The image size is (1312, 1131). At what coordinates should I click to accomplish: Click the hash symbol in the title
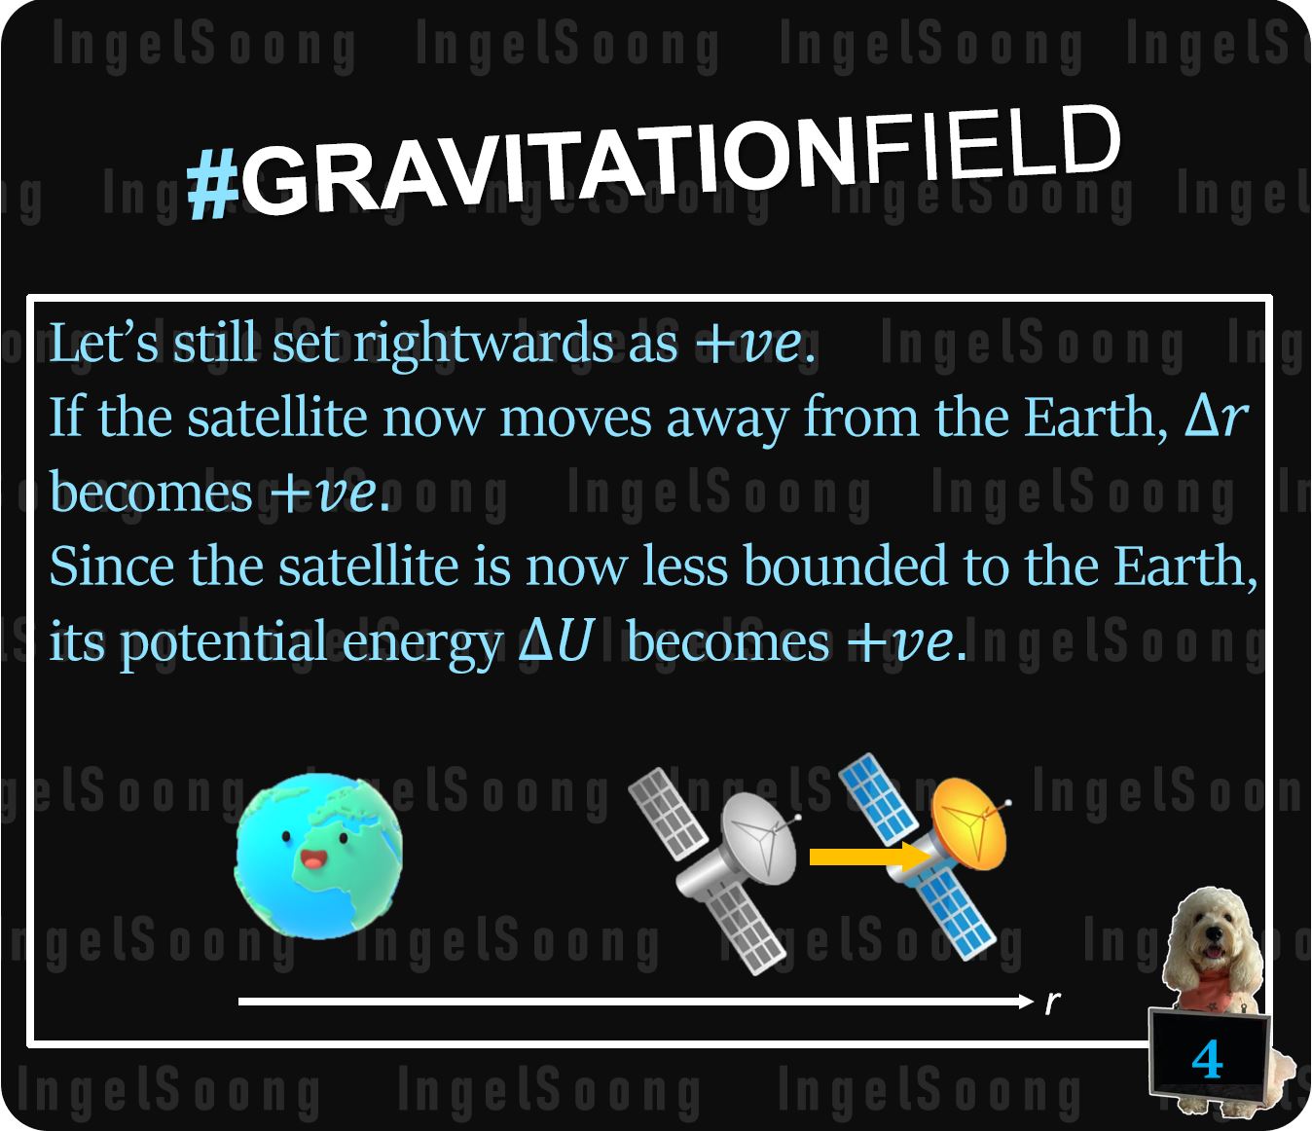pos(214,185)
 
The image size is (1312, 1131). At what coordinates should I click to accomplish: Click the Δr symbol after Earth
pos(1215,419)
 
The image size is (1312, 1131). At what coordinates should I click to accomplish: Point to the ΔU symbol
pos(556,641)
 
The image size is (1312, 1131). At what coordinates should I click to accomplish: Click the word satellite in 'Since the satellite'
pos(368,566)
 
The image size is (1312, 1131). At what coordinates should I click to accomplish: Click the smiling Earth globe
pos(318,856)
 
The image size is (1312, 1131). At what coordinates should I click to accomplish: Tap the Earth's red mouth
pos(312,860)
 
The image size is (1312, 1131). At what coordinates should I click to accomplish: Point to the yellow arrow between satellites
pos(869,857)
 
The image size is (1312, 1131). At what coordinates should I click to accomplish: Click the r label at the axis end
pos(1052,1003)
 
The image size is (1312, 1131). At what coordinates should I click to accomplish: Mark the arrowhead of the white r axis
pos(1027,1002)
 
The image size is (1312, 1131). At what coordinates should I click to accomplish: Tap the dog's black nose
pos(1214,932)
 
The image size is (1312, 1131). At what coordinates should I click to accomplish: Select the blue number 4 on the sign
pos(1207,1059)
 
